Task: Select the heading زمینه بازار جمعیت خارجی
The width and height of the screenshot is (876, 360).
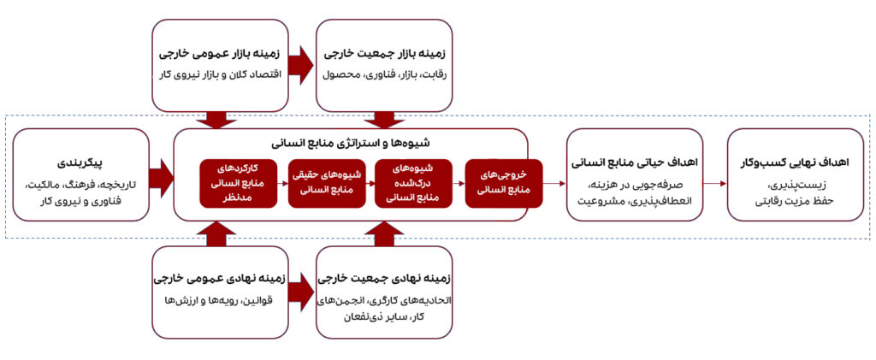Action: pyautogui.click(x=383, y=53)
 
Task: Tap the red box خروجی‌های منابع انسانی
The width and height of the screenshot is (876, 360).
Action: pyautogui.click(x=499, y=183)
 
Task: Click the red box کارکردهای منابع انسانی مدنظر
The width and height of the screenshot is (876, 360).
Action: pyautogui.click(x=235, y=182)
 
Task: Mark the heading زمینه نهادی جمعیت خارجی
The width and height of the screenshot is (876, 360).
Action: pyautogui.click(x=383, y=278)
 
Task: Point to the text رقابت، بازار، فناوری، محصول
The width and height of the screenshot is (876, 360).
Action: pyautogui.click(x=383, y=74)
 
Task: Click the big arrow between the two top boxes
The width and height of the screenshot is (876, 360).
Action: pyautogui.click(x=301, y=65)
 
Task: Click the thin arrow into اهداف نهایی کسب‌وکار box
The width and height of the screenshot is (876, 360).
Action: pyautogui.click(x=715, y=182)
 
